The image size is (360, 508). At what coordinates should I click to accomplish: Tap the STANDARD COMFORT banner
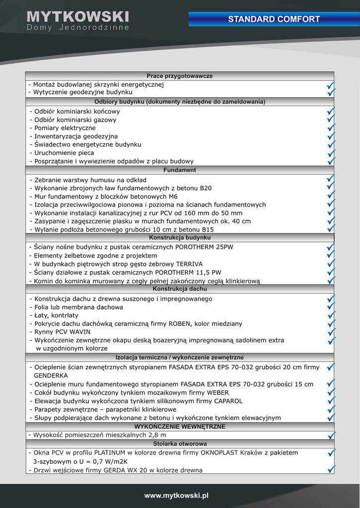click(x=274, y=19)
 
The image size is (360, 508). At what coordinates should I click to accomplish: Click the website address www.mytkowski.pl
click(x=176, y=496)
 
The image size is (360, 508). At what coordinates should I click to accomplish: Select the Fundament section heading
click(x=180, y=170)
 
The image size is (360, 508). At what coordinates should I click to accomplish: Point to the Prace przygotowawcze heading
click(x=180, y=76)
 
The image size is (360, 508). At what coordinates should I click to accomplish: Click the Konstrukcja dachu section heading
click(x=180, y=289)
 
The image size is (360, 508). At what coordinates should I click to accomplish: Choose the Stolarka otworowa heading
click(x=180, y=444)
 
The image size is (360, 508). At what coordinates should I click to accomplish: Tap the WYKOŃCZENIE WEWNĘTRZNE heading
click(x=180, y=427)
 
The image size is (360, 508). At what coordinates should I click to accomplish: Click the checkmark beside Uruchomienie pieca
click(x=331, y=153)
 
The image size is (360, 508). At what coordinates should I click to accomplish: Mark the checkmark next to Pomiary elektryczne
click(x=331, y=128)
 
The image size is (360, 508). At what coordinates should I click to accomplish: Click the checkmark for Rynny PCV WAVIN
click(x=331, y=332)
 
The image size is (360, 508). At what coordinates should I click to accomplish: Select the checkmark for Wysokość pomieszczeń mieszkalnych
click(x=331, y=435)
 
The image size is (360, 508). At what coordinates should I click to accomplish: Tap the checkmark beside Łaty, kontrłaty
click(x=331, y=316)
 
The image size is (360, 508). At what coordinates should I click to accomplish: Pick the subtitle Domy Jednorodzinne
click(x=78, y=28)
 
